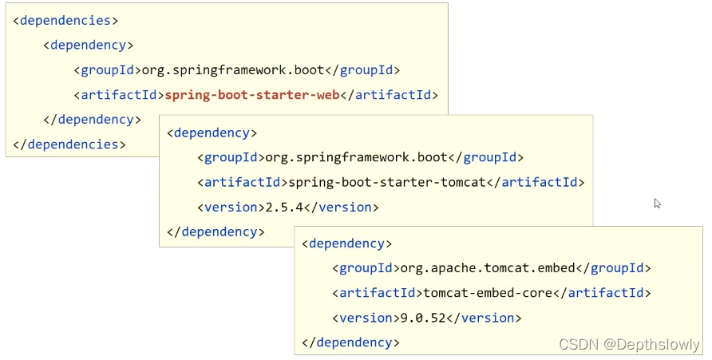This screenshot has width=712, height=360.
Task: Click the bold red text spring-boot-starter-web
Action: pos(252,95)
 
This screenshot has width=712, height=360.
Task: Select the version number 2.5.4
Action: pos(288,208)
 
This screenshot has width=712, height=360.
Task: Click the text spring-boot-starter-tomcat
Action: pos(386,183)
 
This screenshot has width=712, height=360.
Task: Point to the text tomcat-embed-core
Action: pos(488,293)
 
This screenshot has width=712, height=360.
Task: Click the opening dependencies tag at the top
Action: pos(65,20)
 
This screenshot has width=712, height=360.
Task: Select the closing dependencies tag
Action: pos(69,144)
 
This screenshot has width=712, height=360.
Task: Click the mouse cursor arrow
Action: pos(657,204)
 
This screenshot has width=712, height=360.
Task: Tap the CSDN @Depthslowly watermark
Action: pos(629,344)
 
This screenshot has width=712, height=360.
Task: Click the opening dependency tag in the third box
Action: pos(346,243)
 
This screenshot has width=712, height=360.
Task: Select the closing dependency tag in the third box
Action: pos(350,342)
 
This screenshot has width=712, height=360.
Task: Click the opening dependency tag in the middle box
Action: pos(212,133)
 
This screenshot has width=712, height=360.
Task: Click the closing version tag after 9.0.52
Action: pos(484,318)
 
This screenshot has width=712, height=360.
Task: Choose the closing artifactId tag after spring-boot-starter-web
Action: pos(390,95)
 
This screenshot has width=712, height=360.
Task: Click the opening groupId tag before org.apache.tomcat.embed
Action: pos(363,268)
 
